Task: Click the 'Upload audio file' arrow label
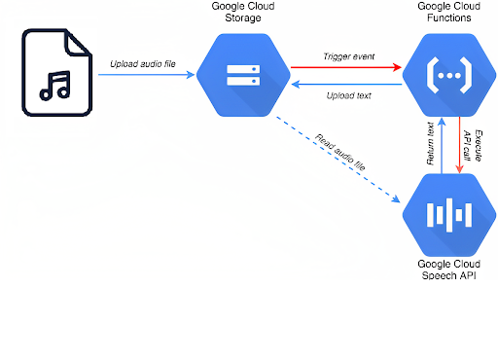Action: click(144, 63)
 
